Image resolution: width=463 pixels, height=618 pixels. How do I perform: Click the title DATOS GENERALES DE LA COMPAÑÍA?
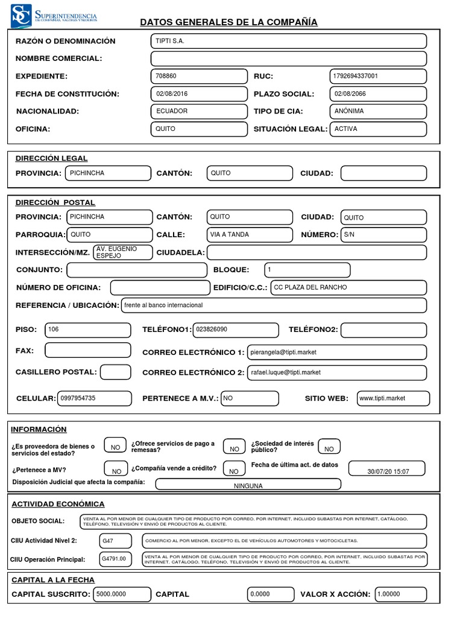coord(228,22)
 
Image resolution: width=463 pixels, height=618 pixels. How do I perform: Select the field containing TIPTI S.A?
coord(288,41)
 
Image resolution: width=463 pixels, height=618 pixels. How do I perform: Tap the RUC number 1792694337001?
coord(378,76)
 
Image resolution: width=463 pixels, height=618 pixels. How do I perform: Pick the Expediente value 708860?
coord(199,76)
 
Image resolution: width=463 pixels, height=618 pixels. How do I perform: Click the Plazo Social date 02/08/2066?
coord(378,94)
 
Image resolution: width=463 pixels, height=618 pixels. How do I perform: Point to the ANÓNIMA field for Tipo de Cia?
coord(378,111)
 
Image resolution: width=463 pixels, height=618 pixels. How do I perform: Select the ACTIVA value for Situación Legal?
coord(378,129)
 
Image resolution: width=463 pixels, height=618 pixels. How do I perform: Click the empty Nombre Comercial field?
coord(288,59)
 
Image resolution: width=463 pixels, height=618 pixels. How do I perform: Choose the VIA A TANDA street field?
coord(249,234)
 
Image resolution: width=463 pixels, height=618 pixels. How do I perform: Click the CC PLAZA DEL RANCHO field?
coord(348,287)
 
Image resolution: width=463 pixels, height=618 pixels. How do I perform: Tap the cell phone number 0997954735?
coord(94,398)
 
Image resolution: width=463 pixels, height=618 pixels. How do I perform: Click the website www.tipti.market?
coord(392,398)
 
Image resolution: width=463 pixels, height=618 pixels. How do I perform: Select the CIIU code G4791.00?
coord(115,559)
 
